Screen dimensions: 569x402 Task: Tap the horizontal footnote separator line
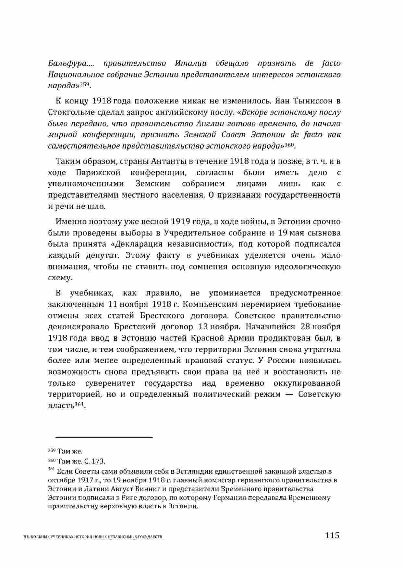click(x=100, y=437)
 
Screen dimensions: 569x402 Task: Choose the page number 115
click(x=332, y=535)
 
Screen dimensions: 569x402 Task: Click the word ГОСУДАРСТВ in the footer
click(x=150, y=537)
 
